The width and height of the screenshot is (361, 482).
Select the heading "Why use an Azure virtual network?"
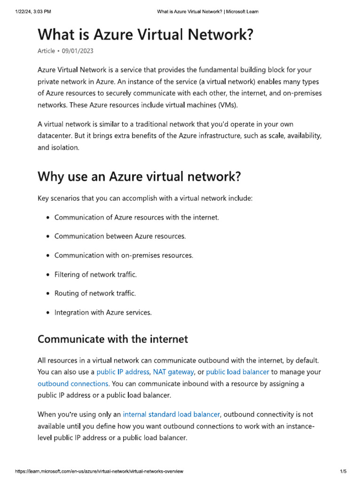[139, 177]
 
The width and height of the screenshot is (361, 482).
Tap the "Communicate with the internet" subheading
[112, 339]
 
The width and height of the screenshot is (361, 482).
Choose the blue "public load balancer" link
[237, 372]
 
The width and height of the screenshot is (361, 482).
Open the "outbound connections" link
[73, 384]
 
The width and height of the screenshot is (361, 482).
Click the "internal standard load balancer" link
[171, 415]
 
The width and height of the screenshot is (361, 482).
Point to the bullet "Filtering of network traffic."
[95, 274]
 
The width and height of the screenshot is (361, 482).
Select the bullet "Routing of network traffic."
[95, 293]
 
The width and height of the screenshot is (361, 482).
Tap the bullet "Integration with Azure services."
[103, 312]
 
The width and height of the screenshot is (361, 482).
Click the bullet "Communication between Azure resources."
[120, 236]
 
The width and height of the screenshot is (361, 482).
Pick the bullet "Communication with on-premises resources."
[124, 255]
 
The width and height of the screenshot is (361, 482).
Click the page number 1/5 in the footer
[343, 471]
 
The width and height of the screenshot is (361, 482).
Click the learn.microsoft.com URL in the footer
[99, 471]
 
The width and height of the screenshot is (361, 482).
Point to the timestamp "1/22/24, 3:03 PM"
[33, 11]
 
